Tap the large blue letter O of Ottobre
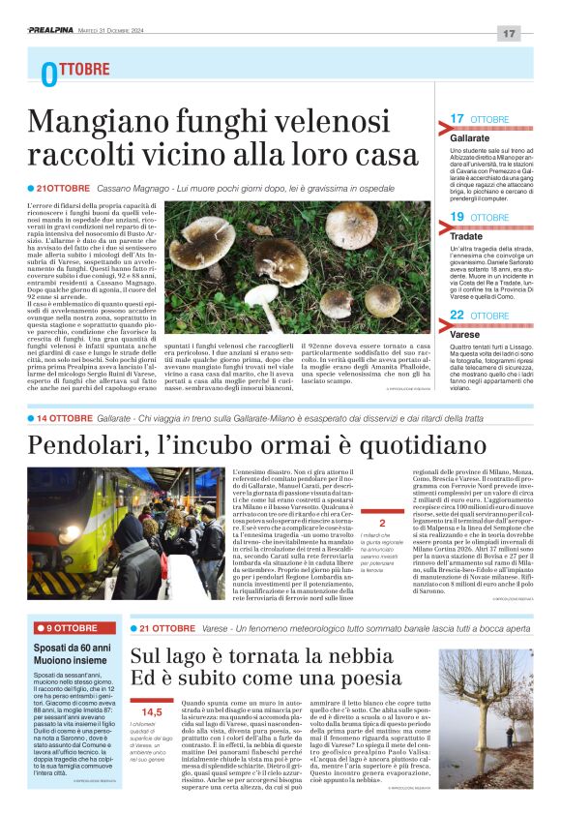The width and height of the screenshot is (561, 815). pos(49,74)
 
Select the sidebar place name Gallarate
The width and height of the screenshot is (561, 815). pos(469,138)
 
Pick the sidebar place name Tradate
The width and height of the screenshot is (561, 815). pos(466,234)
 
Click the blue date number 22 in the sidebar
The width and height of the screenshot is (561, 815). pos(458,316)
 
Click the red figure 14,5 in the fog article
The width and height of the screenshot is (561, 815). pos(152,711)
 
